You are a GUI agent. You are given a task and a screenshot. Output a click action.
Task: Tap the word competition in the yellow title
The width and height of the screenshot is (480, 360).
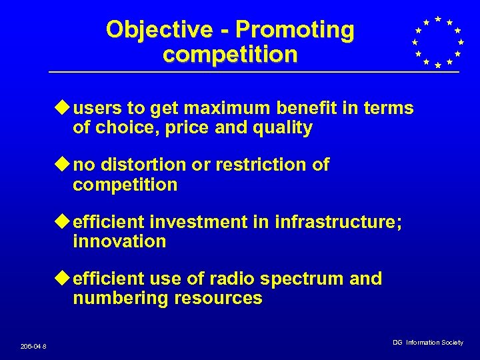tap(230, 55)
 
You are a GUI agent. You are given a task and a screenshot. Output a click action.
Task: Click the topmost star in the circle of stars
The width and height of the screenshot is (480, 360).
tap(438, 19)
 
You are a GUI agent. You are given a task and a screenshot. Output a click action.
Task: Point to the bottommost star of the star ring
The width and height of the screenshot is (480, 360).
tap(437, 65)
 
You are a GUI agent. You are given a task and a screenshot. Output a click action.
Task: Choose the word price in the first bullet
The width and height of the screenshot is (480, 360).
tap(184, 128)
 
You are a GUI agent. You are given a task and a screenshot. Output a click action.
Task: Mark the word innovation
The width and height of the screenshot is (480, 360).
tap(119, 241)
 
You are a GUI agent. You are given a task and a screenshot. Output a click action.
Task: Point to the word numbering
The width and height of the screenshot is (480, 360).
tap(121, 299)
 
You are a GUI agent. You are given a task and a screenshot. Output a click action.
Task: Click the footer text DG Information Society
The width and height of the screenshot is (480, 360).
tap(427, 343)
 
